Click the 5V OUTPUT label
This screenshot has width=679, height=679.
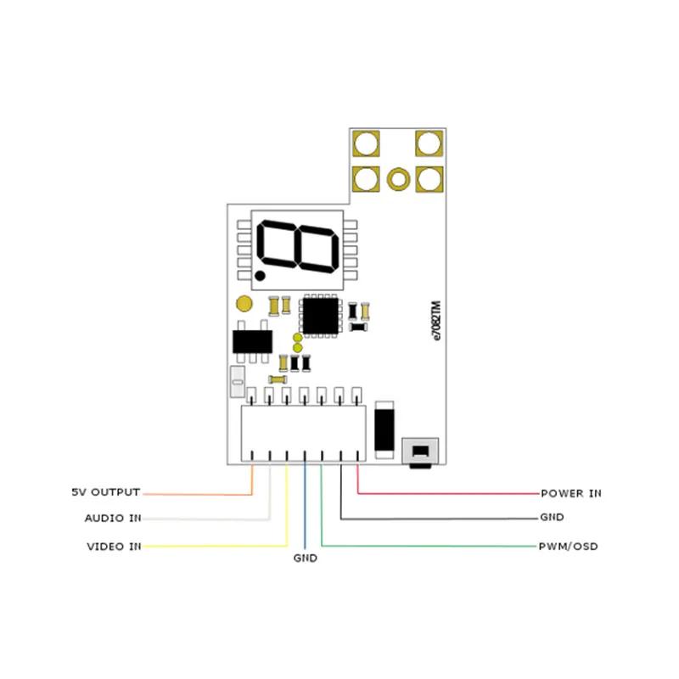107,492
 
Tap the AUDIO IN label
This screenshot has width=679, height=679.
113,518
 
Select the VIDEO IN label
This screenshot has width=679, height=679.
113,546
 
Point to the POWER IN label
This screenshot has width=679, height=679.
570,492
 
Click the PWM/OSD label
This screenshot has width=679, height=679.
568,546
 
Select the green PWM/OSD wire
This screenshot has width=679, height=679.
424,546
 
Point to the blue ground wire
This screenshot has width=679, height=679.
305,509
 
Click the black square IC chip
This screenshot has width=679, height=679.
321,315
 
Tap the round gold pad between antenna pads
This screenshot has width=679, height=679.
397,178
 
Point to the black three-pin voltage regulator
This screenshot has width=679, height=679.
252,341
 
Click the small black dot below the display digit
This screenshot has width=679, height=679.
261,276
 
